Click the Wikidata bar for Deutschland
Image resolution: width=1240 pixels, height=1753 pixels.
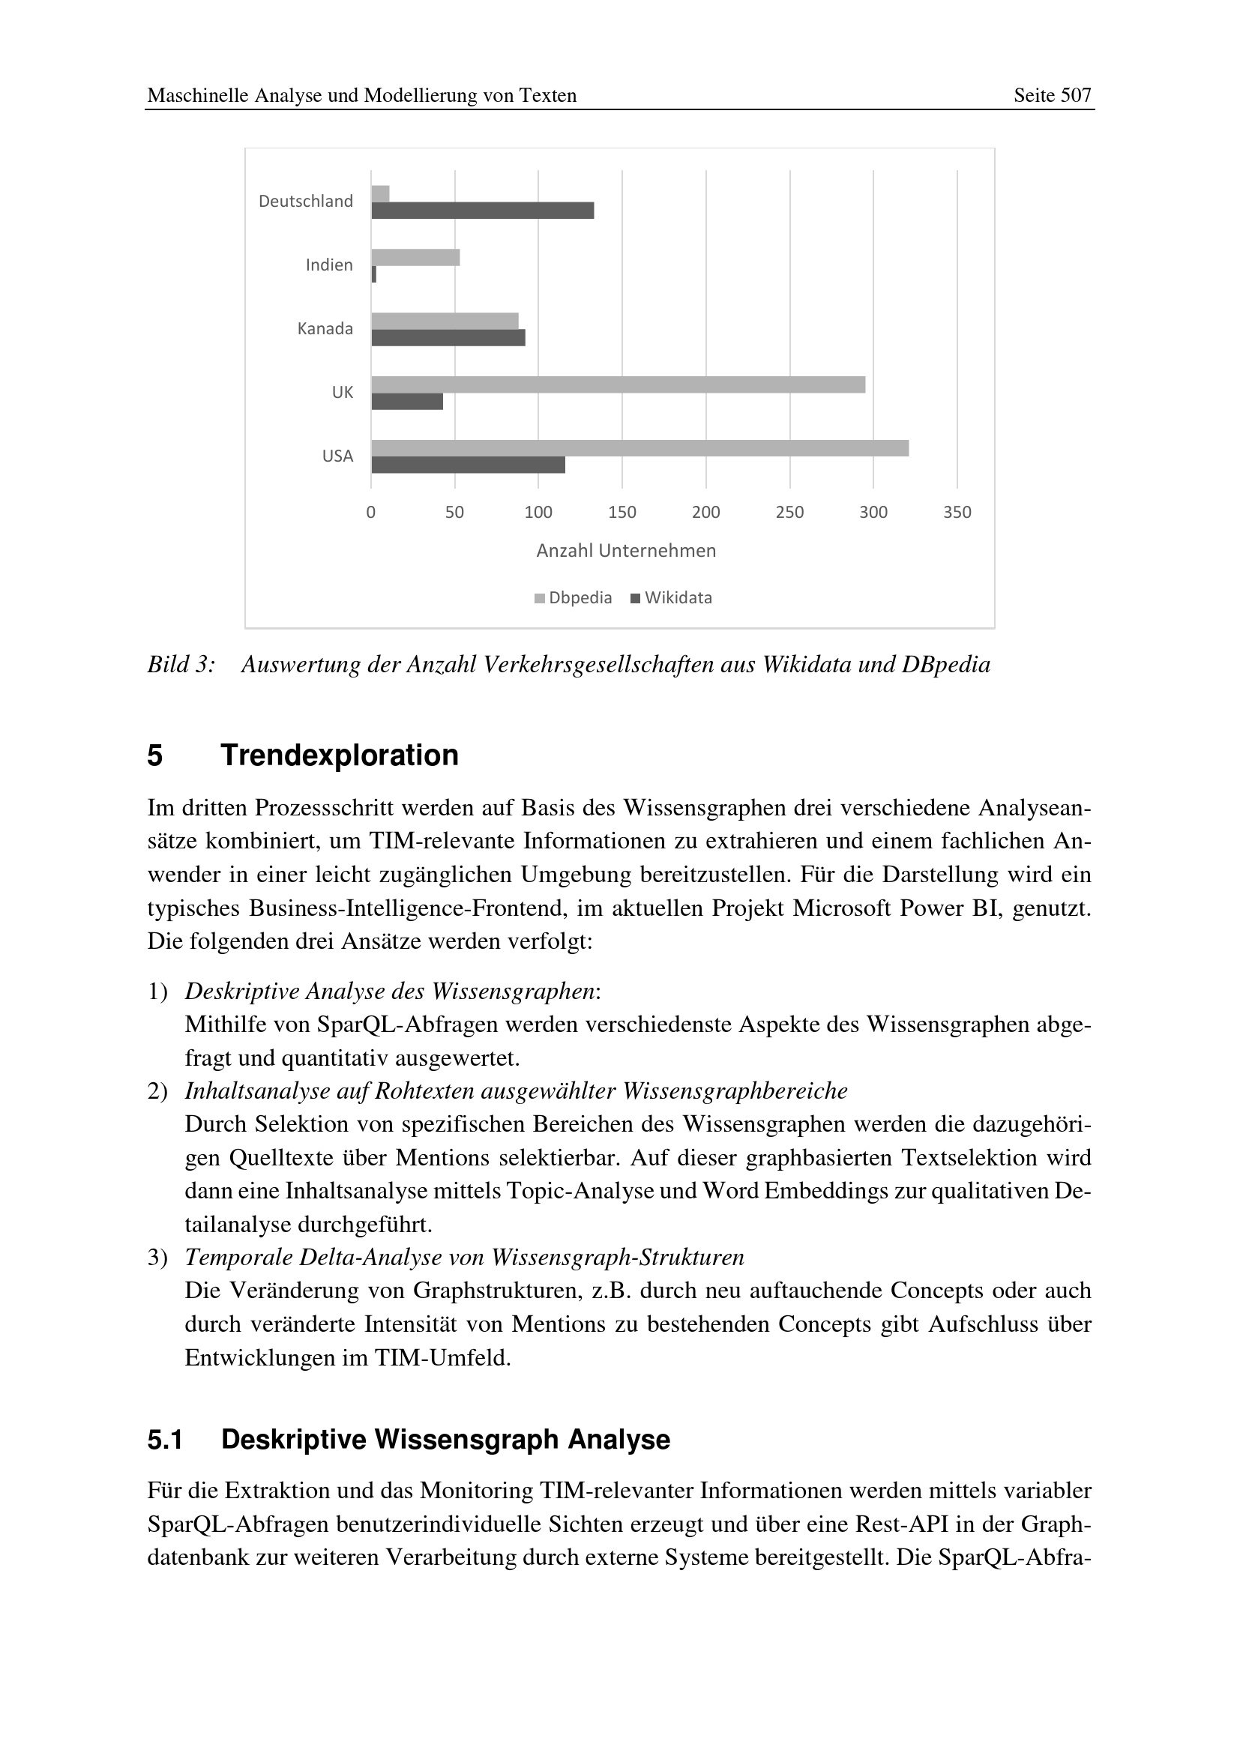click(483, 211)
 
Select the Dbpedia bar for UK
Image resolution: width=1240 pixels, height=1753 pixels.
click(619, 384)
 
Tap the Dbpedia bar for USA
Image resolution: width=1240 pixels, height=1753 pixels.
click(639, 448)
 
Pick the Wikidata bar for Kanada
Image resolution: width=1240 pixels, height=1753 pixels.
click(448, 337)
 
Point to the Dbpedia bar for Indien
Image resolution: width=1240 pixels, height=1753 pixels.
click(415, 257)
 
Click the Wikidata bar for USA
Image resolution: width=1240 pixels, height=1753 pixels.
click(468, 465)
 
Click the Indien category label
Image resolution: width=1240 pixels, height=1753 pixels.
click(329, 265)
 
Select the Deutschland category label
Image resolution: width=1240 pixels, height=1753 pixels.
click(305, 202)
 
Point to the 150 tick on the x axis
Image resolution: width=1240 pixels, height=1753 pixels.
click(621, 513)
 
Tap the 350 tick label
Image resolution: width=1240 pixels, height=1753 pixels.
click(957, 513)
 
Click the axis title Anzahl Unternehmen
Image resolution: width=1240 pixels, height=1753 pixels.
click(626, 551)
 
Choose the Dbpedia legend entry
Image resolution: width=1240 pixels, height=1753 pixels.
click(574, 598)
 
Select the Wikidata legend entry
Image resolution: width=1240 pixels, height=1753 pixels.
click(671, 598)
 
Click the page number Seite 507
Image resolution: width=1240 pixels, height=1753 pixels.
click(1052, 95)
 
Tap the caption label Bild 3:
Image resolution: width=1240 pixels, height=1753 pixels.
click(181, 665)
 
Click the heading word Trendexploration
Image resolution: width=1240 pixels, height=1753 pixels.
click(339, 755)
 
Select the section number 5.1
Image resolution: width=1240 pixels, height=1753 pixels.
click(165, 1439)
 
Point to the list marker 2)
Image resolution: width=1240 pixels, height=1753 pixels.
click(157, 1091)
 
